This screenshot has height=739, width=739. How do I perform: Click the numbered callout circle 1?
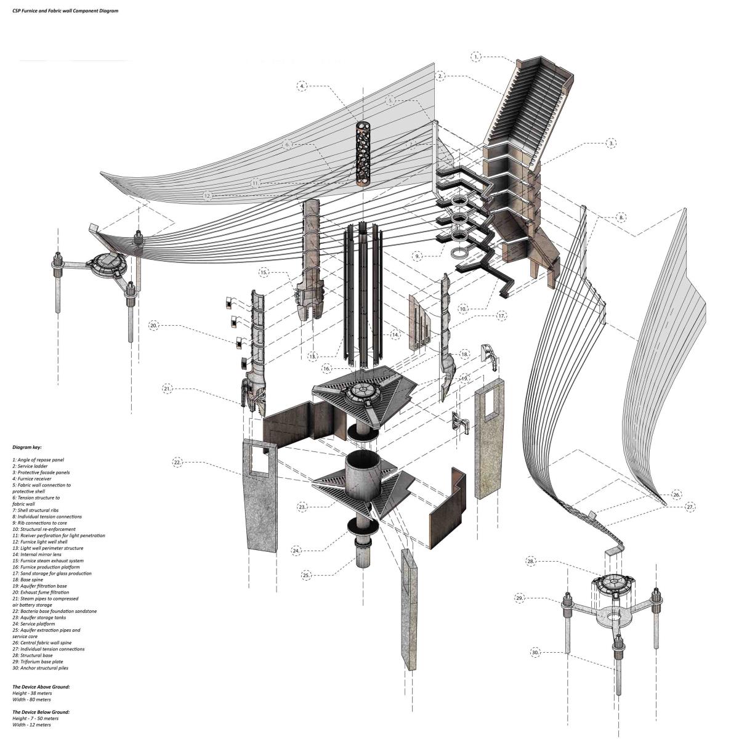[477, 57]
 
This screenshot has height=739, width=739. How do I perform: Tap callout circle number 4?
[302, 87]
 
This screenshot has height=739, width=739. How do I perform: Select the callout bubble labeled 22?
[177, 462]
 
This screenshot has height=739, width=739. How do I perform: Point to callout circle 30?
[535, 652]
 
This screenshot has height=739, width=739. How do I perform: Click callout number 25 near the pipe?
[307, 575]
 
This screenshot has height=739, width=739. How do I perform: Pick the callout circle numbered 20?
[153, 325]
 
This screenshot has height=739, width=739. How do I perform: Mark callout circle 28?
[531, 561]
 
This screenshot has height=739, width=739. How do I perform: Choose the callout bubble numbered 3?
[610, 143]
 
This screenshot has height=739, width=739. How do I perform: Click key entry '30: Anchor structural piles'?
[40, 668]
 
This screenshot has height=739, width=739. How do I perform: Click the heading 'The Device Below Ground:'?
[41, 712]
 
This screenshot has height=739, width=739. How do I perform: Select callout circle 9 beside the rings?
[418, 256]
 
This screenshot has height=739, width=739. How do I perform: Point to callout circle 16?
[327, 368]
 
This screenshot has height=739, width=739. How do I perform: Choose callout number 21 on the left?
[168, 389]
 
